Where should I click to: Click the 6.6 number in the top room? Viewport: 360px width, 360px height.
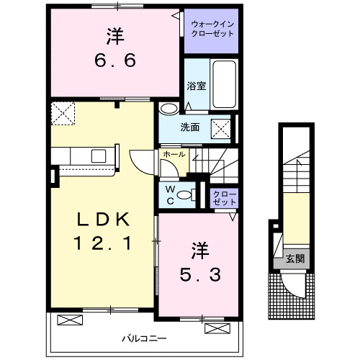point(114,63)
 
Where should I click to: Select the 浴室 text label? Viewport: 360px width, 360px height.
point(197,86)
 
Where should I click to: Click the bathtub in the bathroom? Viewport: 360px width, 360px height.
point(225,84)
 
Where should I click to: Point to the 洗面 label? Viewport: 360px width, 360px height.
point(190,128)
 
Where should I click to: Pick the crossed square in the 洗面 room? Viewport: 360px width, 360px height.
point(220,129)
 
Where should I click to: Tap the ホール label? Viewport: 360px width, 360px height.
point(174,154)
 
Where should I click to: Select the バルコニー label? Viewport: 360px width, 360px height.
point(143,337)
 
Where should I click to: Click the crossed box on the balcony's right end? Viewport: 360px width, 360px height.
point(216,328)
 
